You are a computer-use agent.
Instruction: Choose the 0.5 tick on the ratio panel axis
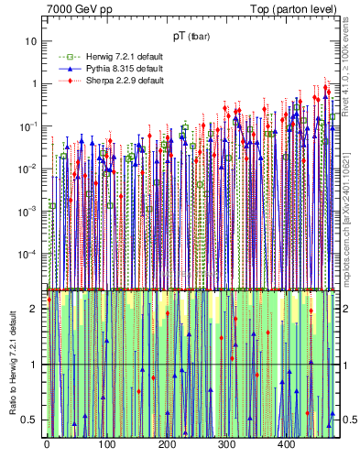(x=32, y=420)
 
